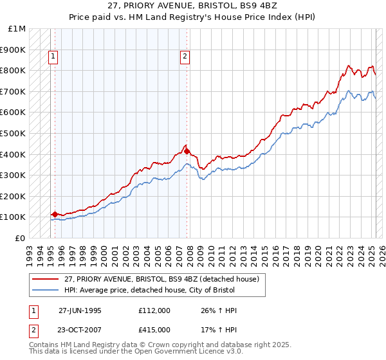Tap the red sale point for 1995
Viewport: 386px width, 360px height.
click(x=55, y=214)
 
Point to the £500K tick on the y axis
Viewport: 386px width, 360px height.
click(x=14, y=133)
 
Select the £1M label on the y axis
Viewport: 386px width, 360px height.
click(x=17, y=29)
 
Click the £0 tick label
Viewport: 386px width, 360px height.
click(x=21, y=238)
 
